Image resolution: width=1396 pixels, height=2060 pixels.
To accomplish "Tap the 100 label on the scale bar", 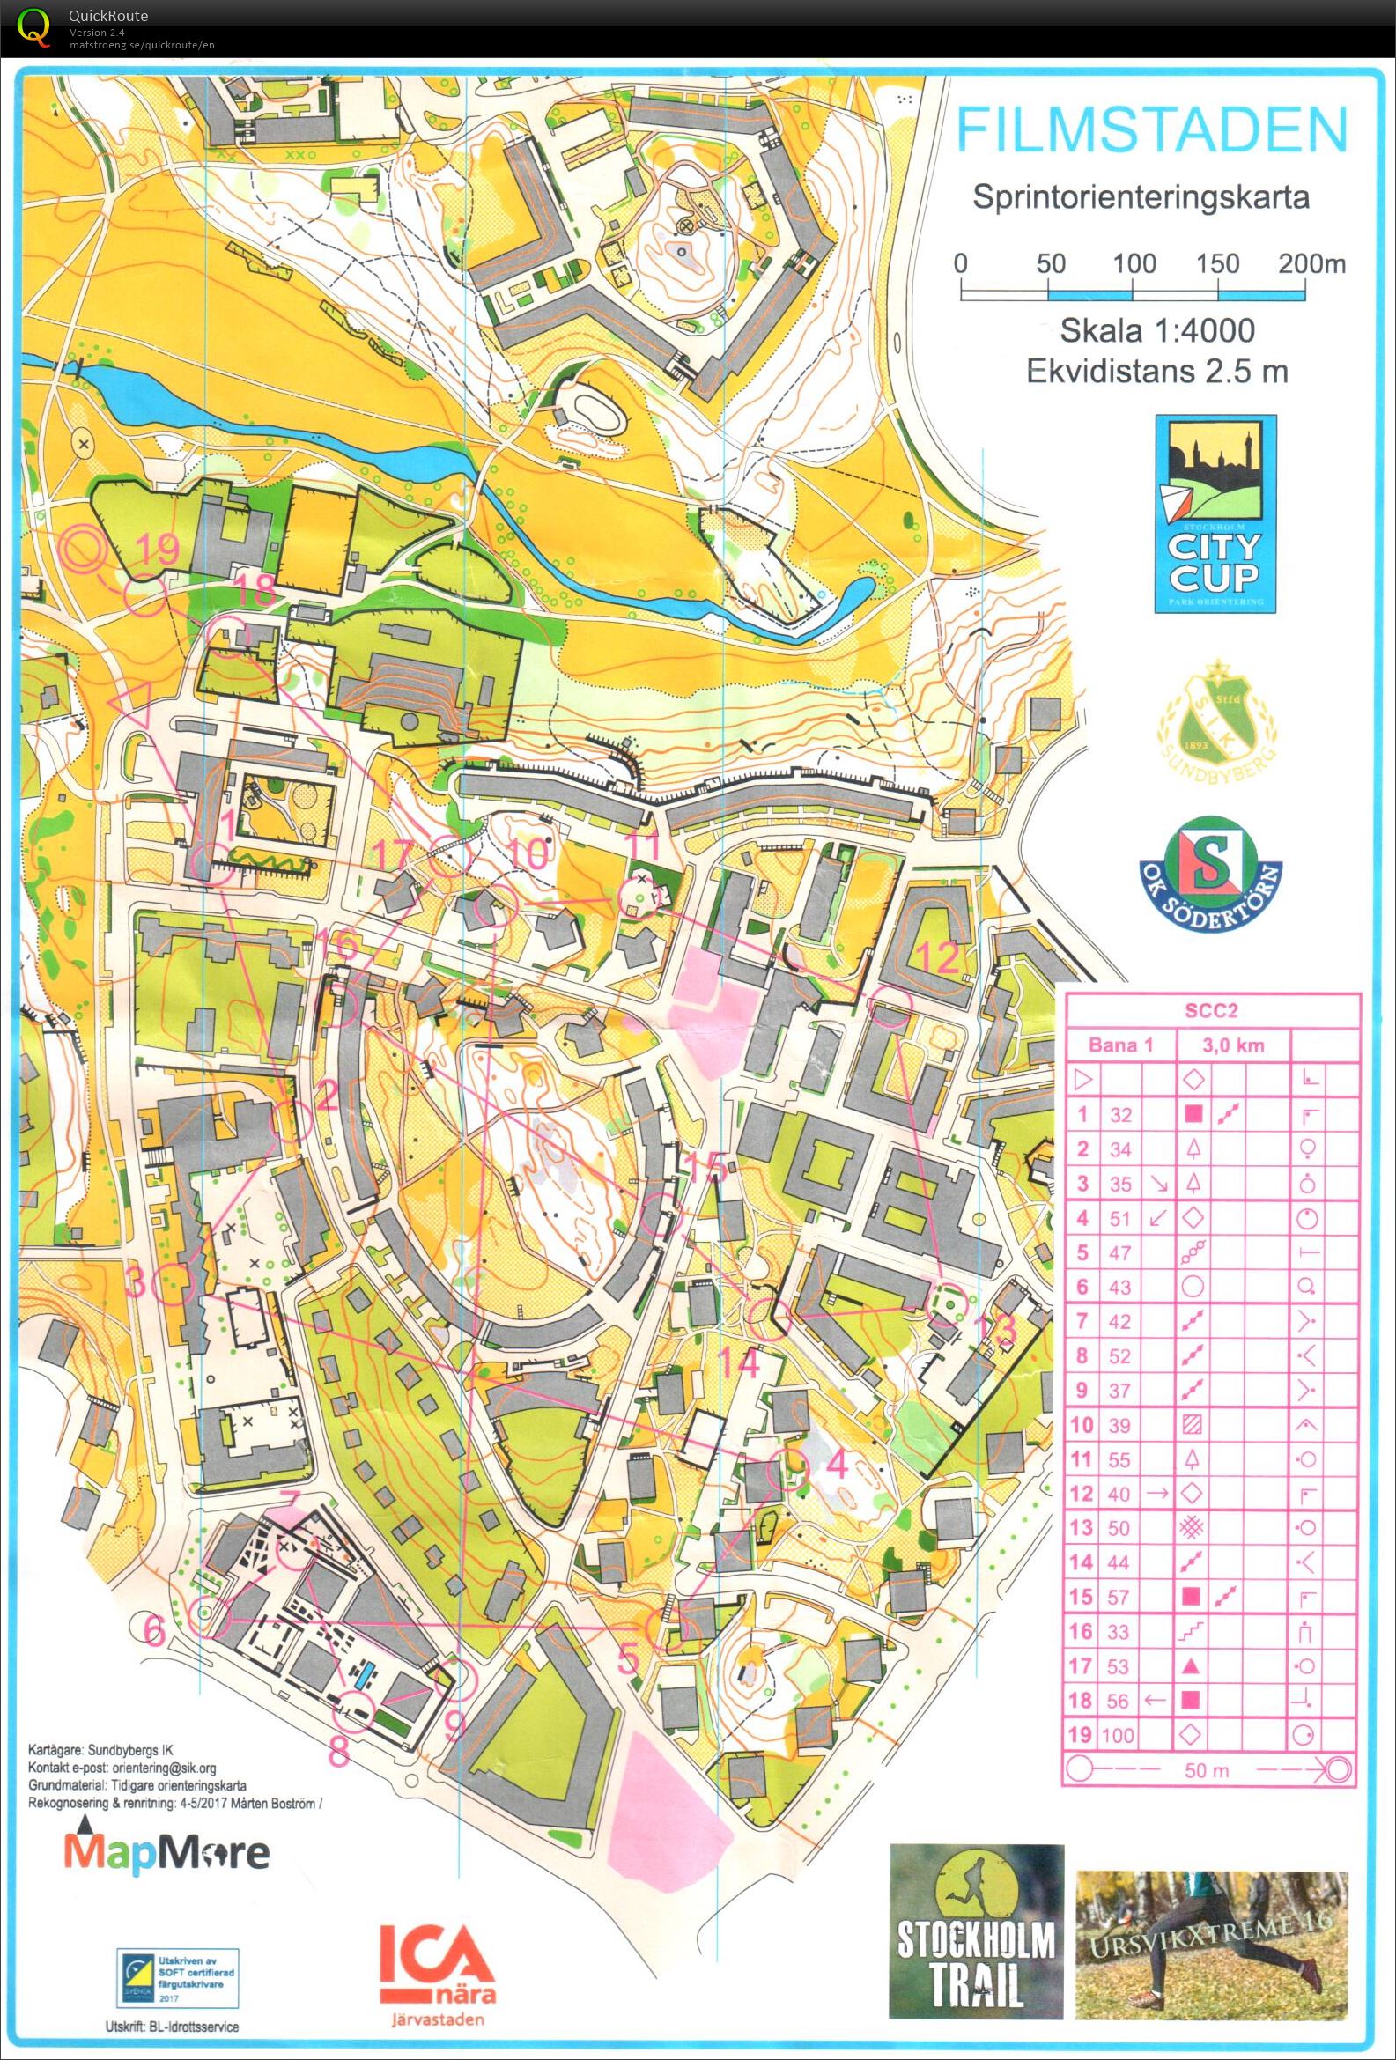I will (x=1134, y=264).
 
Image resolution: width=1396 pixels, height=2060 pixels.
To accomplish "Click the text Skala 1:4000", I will (x=1157, y=330).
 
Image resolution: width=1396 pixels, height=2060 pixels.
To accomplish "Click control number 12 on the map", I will (x=939, y=957).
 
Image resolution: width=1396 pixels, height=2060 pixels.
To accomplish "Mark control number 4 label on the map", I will (x=837, y=1464).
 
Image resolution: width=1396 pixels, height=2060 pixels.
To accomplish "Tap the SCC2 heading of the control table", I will (x=1212, y=1010).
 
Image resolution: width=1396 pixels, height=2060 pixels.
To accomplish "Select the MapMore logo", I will (x=165, y=1851).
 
